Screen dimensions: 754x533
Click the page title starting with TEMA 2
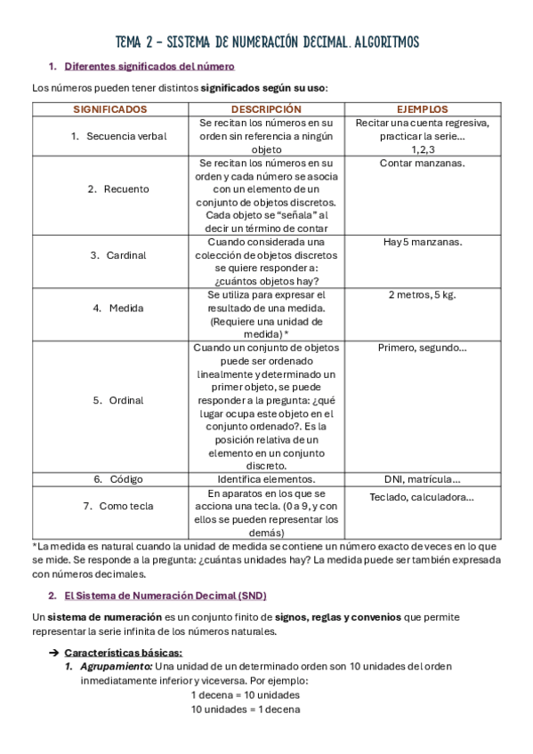(267, 42)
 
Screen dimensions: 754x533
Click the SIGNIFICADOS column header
(110, 109)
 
